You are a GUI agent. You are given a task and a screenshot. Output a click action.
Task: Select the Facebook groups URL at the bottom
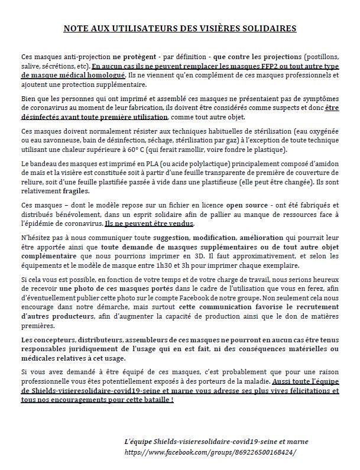[x=209, y=451]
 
